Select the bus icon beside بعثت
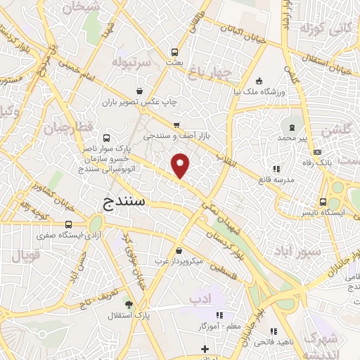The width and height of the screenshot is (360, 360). (x=175, y=51)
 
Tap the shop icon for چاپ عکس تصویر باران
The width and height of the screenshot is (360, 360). (x=141, y=91)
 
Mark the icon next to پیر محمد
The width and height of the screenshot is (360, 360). (x=291, y=126)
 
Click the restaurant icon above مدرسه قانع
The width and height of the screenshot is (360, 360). (x=276, y=169)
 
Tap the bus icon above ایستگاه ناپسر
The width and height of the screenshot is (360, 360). (x=323, y=200)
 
